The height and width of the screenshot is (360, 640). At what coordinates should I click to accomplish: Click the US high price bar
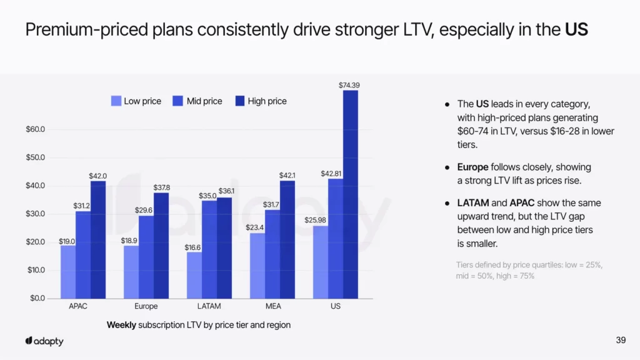click(350, 194)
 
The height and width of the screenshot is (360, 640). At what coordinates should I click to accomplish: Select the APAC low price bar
click(67, 272)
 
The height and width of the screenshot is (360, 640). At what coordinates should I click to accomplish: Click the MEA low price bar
click(257, 266)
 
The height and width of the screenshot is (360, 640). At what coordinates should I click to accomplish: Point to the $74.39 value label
click(349, 85)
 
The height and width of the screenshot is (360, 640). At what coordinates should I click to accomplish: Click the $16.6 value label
click(193, 247)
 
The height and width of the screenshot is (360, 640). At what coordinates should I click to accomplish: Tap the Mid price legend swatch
click(178, 101)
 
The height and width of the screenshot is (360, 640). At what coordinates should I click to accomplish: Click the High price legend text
click(267, 101)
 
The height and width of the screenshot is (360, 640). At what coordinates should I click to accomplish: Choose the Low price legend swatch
click(116, 101)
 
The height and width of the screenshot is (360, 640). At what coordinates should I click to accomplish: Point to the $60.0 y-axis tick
click(34, 129)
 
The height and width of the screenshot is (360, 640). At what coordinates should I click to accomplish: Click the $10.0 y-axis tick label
click(34, 270)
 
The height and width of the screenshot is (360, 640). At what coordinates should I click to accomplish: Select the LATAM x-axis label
click(209, 307)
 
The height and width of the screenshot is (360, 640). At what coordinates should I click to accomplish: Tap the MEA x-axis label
click(273, 307)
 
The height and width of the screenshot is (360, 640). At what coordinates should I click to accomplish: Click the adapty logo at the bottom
click(44, 341)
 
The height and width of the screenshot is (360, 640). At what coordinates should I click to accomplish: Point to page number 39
click(621, 340)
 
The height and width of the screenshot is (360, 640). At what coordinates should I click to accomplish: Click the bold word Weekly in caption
click(121, 325)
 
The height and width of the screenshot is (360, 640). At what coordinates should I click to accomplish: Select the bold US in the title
click(576, 29)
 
